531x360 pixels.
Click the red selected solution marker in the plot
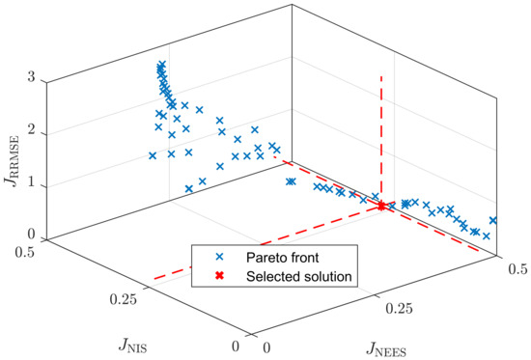(381, 206)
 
